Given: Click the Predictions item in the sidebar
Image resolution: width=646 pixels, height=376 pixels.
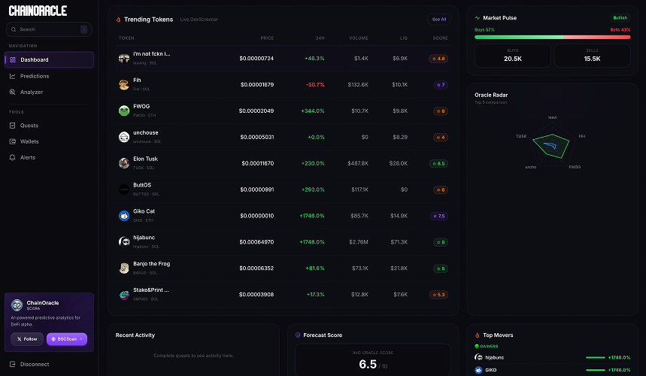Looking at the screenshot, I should click(34, 76).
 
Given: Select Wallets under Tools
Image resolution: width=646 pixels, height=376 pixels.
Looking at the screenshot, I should click(29, 141).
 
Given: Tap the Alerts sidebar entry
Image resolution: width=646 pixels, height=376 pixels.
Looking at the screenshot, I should click(27, 157).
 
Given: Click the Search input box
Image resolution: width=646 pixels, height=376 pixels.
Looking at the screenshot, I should click(48, 29).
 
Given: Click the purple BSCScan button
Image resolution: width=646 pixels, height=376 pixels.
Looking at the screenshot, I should click(67, 339).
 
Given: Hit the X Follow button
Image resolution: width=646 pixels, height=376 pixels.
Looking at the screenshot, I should click(27, 339).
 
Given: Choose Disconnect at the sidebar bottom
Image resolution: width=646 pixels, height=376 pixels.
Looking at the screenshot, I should click(34, 364).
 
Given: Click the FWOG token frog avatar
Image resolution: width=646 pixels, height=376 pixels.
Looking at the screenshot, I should click(124, 111).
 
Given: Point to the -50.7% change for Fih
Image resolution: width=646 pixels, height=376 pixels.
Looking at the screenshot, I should click(314, 84).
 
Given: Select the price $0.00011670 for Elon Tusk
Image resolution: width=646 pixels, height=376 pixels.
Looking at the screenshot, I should click(257, 163).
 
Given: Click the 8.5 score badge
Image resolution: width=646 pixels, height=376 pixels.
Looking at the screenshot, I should click(438, 163).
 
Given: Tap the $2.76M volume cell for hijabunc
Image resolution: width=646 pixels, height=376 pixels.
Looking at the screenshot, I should click(358, 242).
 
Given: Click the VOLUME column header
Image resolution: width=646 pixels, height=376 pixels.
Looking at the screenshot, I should click(358, 38).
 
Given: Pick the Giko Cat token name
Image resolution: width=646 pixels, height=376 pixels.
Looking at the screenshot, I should click(144, 211).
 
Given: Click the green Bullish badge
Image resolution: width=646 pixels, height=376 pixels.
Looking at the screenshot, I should click(620, 17).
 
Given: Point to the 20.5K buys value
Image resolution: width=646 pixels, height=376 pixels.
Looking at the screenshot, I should click(513, 59).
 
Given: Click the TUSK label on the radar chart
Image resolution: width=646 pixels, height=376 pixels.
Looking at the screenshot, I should click(520, 136).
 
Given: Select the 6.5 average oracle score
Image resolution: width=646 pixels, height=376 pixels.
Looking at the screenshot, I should click(368, 364).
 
